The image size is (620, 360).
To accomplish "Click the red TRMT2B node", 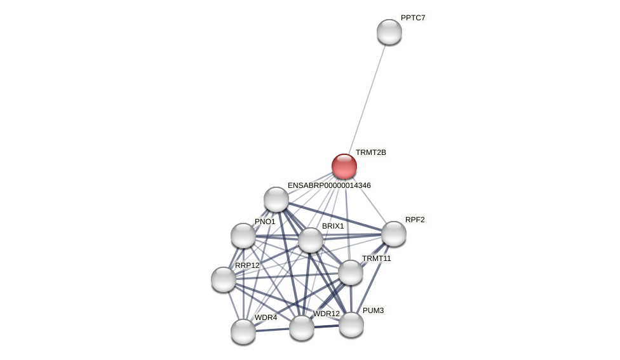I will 344,166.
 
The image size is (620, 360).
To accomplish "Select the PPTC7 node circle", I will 389,32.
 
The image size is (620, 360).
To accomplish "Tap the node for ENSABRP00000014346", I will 276,199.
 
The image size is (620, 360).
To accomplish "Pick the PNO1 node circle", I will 243,236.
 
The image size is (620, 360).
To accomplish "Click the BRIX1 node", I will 311,240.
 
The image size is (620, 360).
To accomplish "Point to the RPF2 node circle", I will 394,234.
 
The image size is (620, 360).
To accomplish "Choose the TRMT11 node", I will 351,272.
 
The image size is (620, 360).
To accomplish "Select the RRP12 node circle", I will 224,279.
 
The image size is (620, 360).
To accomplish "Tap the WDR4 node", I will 243,331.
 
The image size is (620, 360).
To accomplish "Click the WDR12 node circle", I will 302,328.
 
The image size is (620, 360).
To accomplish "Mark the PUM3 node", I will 351,324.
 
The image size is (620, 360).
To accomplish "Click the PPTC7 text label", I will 413,18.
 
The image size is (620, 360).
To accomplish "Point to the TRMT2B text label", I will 370,152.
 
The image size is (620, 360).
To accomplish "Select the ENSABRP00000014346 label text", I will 329,185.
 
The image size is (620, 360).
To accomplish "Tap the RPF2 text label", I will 415,220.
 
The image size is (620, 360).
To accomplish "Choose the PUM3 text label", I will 373,310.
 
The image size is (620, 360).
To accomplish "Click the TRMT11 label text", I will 377,258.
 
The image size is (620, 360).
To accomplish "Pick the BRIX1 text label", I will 332,226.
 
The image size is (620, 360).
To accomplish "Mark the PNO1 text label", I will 265,222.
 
